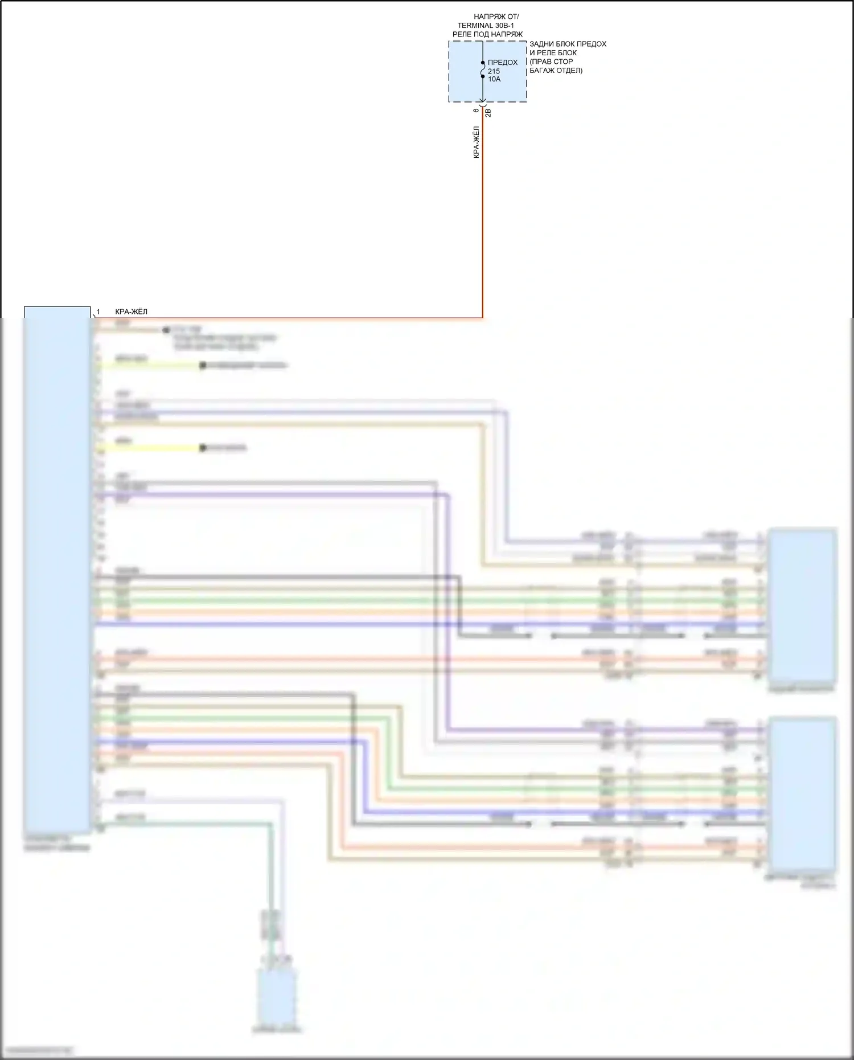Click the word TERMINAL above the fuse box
click(476, 26)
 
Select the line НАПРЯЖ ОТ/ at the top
click(496, 17)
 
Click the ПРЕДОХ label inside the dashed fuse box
click(503, 63)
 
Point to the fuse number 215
click(494, 71)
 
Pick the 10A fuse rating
click(494, 79)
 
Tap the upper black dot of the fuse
click(483, 63)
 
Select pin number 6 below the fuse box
click(477, 110)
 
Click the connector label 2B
click(488, 113)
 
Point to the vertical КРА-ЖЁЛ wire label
click(477, 142)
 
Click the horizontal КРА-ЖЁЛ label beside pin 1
click(131, 312)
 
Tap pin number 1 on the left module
click(98, 312)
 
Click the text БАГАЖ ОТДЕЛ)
click(556, 71)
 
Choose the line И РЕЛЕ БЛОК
click(553, 52)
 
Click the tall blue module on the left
click(57, 570)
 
